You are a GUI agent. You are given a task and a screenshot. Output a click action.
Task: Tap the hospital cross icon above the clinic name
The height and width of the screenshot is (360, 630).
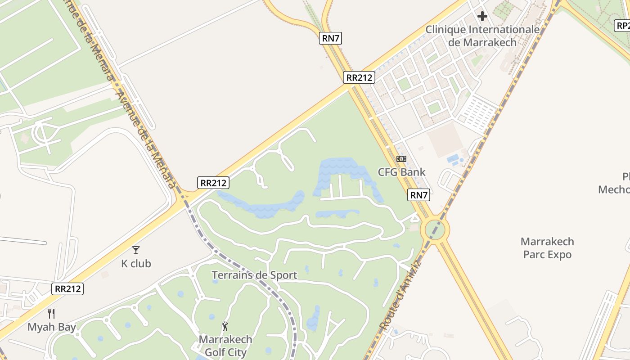click(482, 17)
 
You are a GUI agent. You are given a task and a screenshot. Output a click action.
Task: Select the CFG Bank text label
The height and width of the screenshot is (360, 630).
click(401, 172)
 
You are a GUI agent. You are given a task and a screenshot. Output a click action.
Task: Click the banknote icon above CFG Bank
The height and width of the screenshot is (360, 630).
click(401, 159)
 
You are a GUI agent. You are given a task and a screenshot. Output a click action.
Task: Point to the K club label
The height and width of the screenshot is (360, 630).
click(136, 263)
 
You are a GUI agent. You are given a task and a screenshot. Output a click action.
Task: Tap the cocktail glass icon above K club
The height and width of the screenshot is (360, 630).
click(136, 250)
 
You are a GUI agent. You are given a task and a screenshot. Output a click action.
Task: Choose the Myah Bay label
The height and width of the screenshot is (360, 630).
click(52, 327)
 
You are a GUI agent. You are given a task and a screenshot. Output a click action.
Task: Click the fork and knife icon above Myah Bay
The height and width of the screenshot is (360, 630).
click(52, 314)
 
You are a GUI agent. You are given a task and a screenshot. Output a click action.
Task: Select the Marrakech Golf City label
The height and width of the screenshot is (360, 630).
click(225, 345)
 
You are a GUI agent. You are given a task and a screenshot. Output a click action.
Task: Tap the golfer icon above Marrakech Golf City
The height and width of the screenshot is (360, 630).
click(225, 326)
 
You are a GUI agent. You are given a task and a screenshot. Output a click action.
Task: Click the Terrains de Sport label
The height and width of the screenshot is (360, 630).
click(254, 275)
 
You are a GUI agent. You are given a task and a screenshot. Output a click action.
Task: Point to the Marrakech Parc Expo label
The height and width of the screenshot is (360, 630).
click(547, 248)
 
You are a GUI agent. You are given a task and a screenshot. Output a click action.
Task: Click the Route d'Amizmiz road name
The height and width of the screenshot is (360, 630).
click(400, 295)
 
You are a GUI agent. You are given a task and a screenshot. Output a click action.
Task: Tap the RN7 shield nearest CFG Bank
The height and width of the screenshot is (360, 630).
click(419, 195)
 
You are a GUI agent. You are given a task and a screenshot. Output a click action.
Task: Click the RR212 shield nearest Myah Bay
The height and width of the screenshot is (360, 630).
click(68, 288)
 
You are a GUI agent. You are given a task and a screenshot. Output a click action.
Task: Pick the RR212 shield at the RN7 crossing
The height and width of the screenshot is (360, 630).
click(359, 77)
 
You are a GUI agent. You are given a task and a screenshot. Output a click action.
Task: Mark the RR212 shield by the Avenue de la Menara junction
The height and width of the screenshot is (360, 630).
click(213, 183)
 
